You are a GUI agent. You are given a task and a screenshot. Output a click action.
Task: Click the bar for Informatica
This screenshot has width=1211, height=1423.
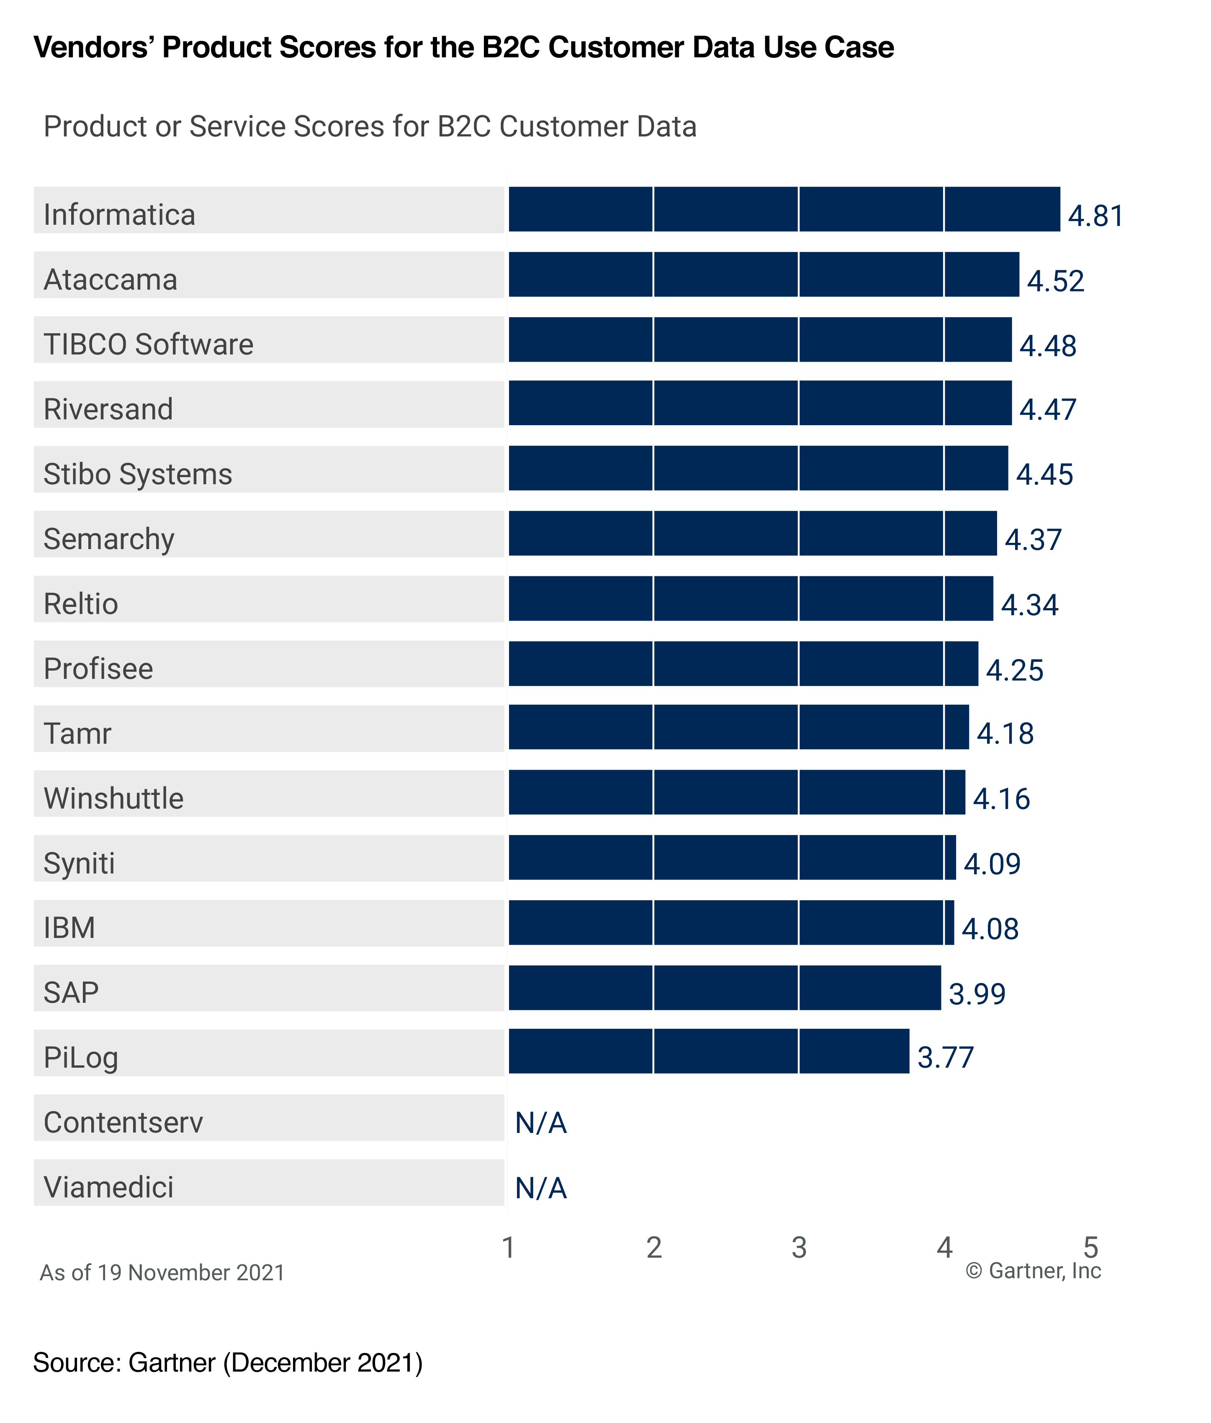click(x=784, y=209)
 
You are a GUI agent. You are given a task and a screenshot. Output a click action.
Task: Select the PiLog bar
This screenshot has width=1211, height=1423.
click(x=709, y=1051)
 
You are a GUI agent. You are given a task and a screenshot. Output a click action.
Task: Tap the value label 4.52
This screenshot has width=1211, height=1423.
click(x=1055, y=281)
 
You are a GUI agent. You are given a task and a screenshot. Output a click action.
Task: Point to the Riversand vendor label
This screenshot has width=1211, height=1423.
click(x=108, y=409)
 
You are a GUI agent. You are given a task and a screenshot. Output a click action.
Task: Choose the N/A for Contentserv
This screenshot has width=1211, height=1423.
click(x=541, y=1123)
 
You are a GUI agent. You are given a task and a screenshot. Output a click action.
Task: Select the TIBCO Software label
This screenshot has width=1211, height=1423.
click(x=148, y=344)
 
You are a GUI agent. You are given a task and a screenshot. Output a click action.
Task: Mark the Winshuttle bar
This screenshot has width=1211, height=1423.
click(x=737, y=792)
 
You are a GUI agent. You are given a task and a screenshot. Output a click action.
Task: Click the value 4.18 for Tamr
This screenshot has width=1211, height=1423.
click(x=1005, y=734)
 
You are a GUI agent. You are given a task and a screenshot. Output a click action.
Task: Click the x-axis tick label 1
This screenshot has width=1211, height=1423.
click(x=508, y=1247)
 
